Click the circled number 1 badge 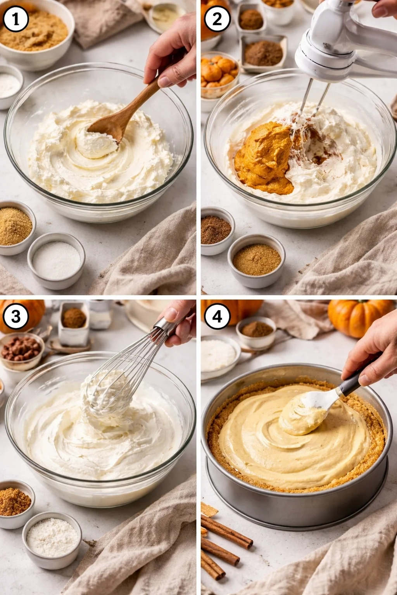(16, 19)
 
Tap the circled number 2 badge (217, 19)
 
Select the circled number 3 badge (16, 316)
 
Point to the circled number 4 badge (217, 316)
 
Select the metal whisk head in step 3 (112, 391)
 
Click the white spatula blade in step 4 (314, 403)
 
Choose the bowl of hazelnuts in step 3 (21, 349)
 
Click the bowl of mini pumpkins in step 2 (219, 74)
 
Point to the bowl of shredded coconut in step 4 (219, 356)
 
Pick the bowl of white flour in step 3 (52, 538)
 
